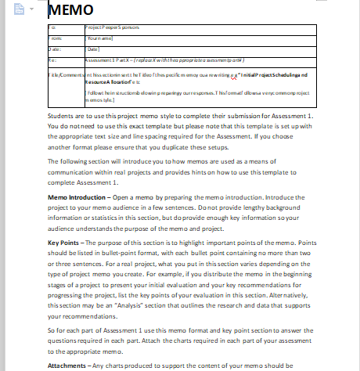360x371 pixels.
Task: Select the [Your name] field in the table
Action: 102,38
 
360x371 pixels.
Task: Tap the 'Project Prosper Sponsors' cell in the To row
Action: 115,27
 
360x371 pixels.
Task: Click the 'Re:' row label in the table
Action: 52,59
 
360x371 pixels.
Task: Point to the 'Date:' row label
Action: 54,49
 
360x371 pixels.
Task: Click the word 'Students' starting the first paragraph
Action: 62,114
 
